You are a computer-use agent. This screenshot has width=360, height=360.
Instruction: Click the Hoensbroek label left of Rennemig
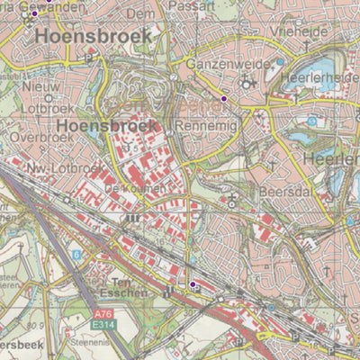(107, 126)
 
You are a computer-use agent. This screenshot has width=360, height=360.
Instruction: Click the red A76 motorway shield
(104, 314)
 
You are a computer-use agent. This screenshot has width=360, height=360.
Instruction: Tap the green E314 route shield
(105, 324)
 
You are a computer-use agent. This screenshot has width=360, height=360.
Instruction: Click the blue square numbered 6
(76, 255)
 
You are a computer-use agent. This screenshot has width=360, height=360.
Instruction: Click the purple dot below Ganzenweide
(224, 97)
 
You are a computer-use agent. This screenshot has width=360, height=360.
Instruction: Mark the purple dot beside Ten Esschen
(191, 284)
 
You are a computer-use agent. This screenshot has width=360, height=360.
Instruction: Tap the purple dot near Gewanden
(35, 13)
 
